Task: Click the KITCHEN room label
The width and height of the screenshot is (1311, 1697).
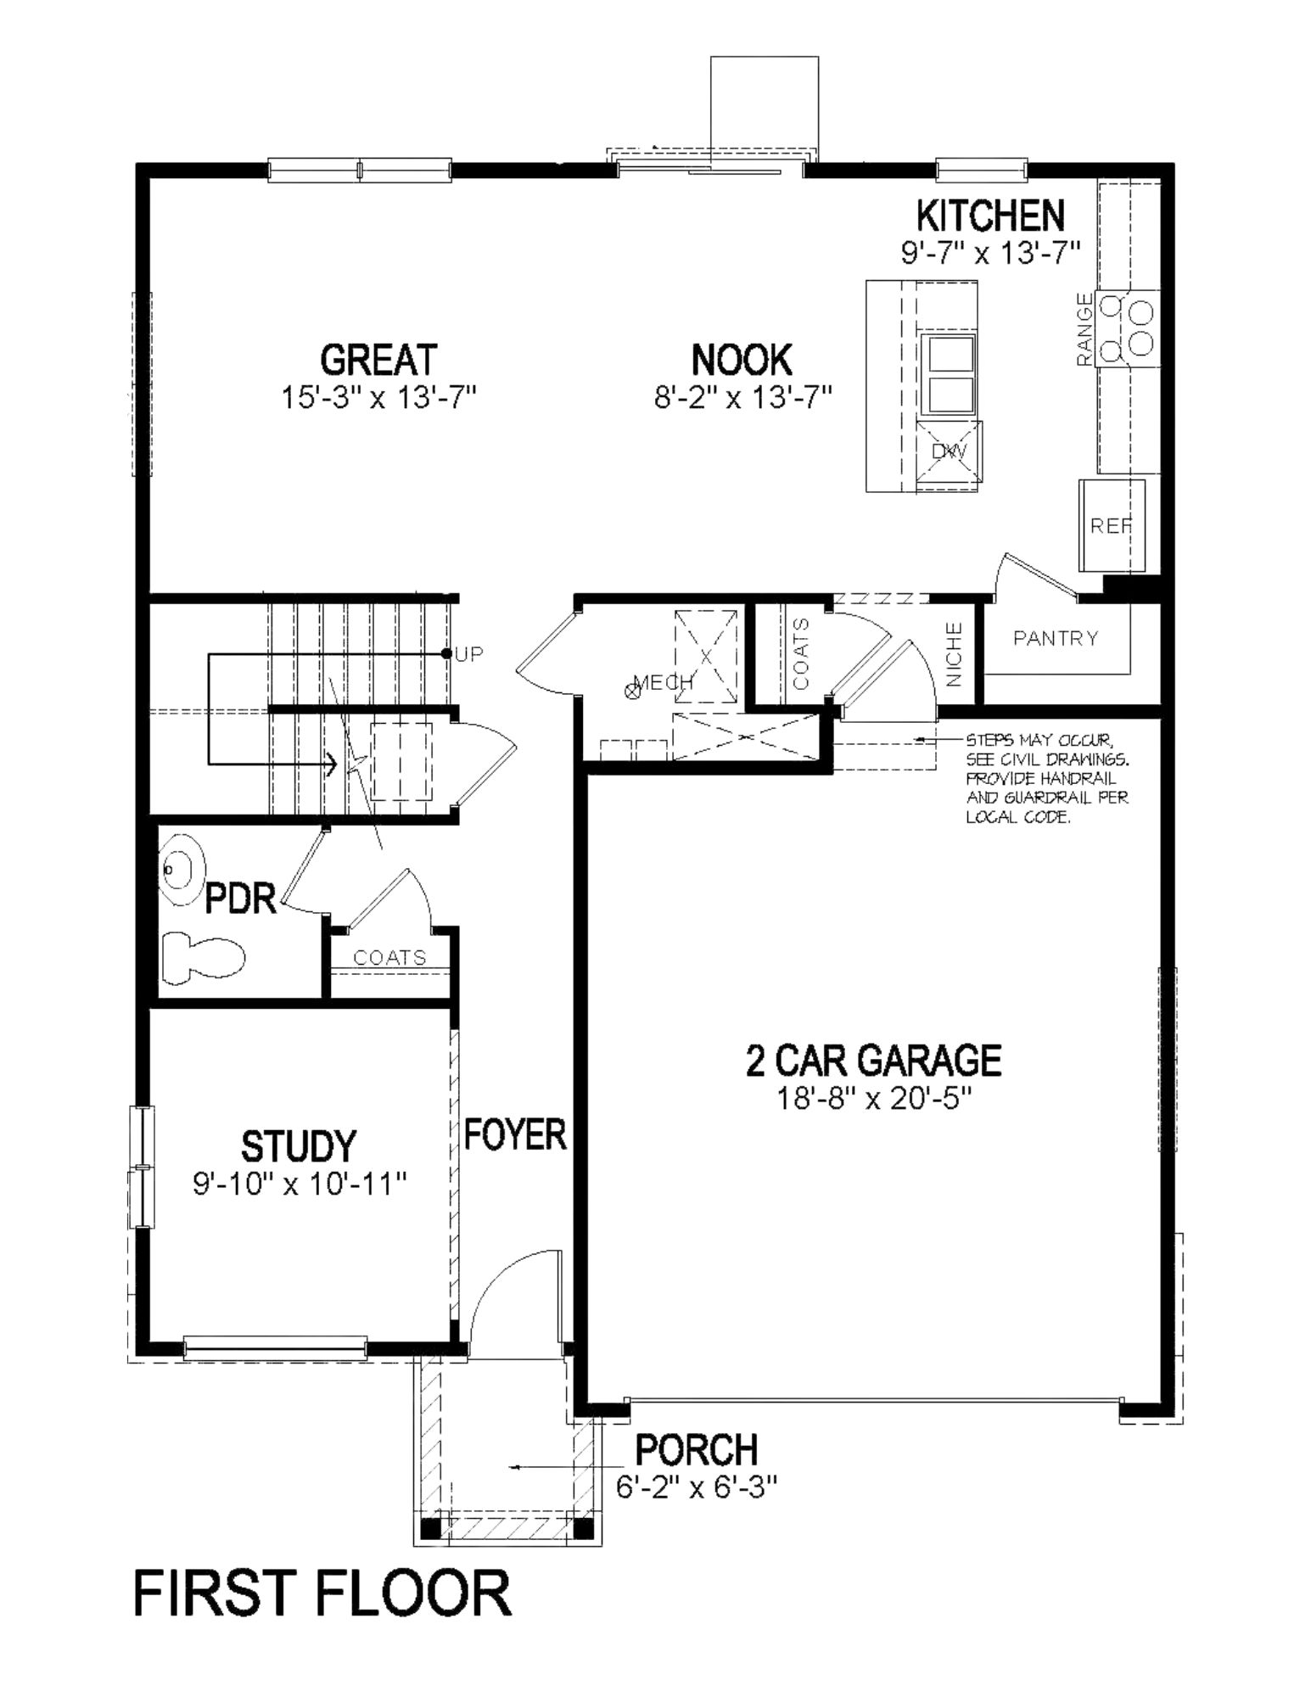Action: [x=990, y=216]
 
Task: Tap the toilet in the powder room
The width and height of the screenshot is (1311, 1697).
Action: [x=203, y=954]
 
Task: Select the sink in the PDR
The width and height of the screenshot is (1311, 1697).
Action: [x=182, y=870]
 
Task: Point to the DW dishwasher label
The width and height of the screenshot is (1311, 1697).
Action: [x=950, y=451]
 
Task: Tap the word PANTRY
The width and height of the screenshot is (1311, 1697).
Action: [x=1056, y=638]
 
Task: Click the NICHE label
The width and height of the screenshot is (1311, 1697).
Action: [x=954, y=654]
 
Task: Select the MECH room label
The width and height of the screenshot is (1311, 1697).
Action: [x=664, y=681]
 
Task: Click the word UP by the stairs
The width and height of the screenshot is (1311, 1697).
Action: [x=469, y=654]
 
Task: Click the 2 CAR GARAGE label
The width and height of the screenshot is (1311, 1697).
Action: [x=873, y=1061]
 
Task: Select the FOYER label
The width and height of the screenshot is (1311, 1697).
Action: [x=515, y=1134]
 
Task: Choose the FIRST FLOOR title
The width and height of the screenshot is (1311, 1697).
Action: [x=322, y=1593]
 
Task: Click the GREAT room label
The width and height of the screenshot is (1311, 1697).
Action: [x=378, y=360]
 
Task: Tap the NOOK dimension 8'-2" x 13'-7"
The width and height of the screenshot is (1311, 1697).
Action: [x=742, y=397]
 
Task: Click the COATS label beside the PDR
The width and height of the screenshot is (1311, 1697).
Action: [x=389, y=958]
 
